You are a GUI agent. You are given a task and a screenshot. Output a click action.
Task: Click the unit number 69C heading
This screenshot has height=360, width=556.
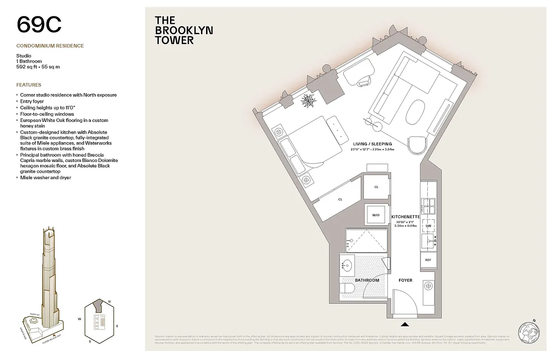click(x=39, y=25)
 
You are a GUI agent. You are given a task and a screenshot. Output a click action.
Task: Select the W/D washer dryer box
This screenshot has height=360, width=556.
click(x=376, y=215)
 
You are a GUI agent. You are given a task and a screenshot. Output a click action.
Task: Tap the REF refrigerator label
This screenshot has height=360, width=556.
click(x=428, y=260)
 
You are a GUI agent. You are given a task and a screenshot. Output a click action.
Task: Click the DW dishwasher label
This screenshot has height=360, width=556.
click(x=428, y=226)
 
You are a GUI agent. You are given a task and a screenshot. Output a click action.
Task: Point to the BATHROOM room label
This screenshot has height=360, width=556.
click(x=367, y=280)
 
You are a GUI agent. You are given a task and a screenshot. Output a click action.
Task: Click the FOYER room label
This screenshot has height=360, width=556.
click(x=405, y=280)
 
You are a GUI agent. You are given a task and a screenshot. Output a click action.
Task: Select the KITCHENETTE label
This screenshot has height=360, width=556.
click(x=405, y=217)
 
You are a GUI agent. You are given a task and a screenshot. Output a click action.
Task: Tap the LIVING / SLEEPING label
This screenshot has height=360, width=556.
click(x=372, y=144)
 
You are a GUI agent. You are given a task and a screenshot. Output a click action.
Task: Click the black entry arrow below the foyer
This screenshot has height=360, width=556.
click(x=405, y=324)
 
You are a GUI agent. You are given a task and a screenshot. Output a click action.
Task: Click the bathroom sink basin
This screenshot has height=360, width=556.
click(x=347, y=266)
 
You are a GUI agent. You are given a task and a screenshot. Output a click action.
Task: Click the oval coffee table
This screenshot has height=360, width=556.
click(x=416, y=113)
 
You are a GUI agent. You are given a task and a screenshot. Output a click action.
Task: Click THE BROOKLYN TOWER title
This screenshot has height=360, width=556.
click(x=184, y=30)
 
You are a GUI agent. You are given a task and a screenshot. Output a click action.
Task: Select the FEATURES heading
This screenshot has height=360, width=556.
click(x=29, y=85)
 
